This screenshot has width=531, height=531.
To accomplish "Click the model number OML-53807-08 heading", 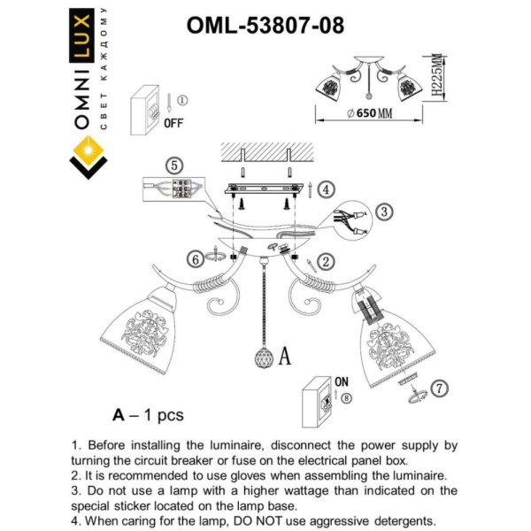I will (265, 26).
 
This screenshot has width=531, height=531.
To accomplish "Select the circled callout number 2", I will (327, 260).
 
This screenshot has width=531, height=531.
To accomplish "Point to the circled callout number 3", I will (382, 212).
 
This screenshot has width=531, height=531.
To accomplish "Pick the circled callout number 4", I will (327, 189).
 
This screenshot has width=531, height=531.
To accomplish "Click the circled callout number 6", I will (194, 258).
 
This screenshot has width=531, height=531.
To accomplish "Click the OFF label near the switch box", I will (173, 123).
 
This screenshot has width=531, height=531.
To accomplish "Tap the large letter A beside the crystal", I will (285, 357).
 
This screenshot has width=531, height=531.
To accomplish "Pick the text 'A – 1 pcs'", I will (148, 414).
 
